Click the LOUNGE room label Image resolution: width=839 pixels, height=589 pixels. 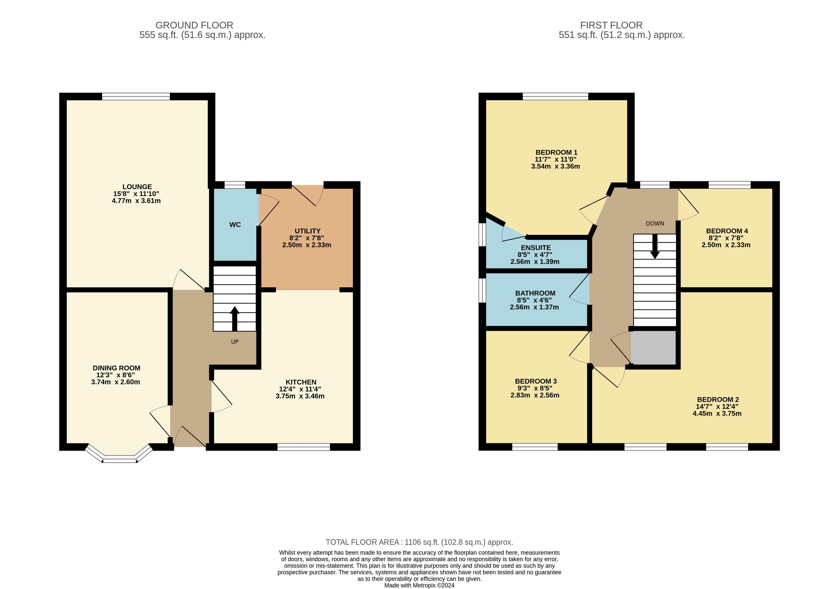(137, 187)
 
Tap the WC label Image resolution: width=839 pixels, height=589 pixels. (235, 225)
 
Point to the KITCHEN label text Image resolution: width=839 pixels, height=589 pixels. (301, 382)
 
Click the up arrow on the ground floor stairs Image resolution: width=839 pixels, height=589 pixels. (235, 319)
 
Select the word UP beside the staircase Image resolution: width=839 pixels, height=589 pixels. (235, 342)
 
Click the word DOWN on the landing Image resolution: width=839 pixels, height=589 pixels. (655, 224)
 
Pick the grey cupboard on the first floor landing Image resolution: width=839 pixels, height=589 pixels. (654, 347)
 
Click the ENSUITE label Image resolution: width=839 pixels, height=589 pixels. (536, 248)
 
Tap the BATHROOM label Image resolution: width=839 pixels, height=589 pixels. (535, 293)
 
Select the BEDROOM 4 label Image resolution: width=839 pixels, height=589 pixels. (727, 231)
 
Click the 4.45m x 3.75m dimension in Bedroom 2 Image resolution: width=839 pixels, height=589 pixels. (717, 414)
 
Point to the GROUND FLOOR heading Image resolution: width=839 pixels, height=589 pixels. (195, 25)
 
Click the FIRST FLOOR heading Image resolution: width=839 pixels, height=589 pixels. (611, 25)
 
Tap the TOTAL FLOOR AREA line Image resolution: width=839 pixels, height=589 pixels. (419, 542)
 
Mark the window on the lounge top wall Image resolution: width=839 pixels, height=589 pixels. (136, 96)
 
